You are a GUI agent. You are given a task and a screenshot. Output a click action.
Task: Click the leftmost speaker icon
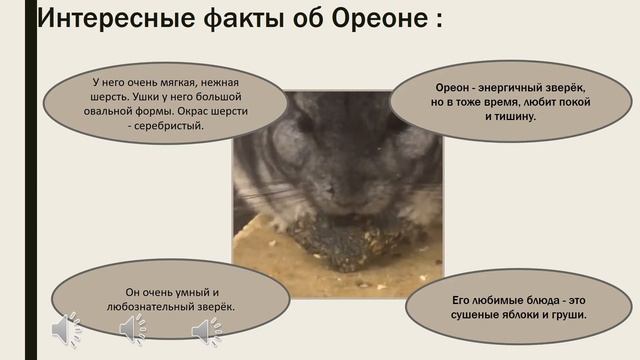click(67, 330)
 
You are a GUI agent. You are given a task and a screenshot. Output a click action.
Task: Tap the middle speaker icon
click(133, 330)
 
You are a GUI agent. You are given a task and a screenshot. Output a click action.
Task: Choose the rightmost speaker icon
click(206, 330)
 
